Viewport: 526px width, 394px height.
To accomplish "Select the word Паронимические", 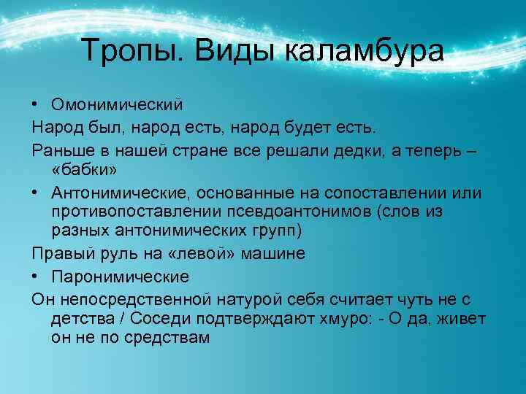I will pos(121,277).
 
